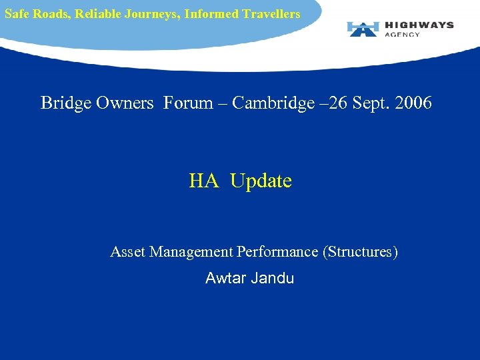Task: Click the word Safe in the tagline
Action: tap(17, 13)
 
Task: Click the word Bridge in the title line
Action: tap(64, 103)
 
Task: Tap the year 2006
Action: tap(411, 103)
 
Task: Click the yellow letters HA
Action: tap(204, 181)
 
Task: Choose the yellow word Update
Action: tap(261, 181)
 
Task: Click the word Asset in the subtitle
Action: tap(128, 252)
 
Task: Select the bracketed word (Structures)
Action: tap(360, 252)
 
